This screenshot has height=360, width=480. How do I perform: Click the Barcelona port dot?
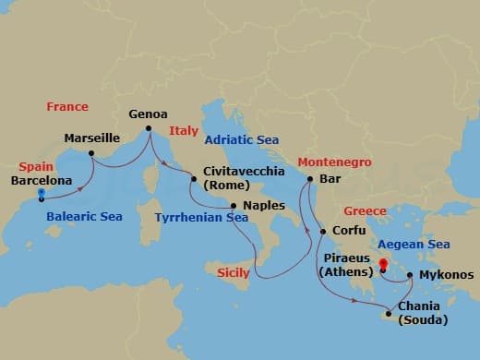[x=42, y=198]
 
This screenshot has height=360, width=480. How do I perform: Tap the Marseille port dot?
[x=90, y=153]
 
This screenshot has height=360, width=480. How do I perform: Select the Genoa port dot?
[x=148, y=128]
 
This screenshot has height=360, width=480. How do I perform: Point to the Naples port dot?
[x=233, y=206]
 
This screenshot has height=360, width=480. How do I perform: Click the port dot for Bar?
[x=309, y=179]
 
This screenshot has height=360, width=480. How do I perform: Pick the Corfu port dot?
[x=322, y=231]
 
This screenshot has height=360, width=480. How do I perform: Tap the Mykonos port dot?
[x=409, y=274]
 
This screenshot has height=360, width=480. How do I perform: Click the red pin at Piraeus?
[x=381, y=267]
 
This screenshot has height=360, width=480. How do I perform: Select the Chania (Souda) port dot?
[x=389, y=314]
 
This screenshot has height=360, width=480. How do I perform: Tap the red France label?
[x=67, y=107]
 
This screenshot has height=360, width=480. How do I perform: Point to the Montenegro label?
[x=334, y=162]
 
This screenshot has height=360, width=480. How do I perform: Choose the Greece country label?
[x=365, y=210]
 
